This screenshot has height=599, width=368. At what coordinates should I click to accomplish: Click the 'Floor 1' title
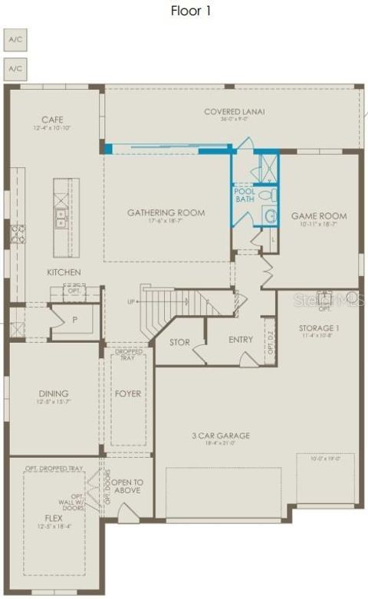point(190,11)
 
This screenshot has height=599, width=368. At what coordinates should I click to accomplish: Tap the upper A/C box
point(15,39)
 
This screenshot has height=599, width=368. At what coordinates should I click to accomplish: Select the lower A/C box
point(15,67)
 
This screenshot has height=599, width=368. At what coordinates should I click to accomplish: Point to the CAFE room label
point(52,120)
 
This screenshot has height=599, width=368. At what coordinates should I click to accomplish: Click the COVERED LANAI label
point(234,112)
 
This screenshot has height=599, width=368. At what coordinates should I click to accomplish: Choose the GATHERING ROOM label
point(166,212)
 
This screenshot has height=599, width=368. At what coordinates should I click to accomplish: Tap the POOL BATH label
point(245,196)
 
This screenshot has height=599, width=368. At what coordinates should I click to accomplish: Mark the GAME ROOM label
point(318,216)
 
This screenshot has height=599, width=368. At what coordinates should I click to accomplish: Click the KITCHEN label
point(64,272)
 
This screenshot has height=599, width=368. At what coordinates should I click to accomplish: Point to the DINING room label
point(54,393)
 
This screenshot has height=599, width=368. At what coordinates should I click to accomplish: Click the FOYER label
point(128,393)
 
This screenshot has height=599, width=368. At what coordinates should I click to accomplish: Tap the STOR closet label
point(179,342)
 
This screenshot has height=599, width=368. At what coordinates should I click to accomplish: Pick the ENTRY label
point(241,340)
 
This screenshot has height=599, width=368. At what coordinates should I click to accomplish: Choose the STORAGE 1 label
point(319,328)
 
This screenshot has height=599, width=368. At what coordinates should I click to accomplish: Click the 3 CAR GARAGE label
point(221,436)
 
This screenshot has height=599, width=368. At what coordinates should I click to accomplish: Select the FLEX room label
point(53,518)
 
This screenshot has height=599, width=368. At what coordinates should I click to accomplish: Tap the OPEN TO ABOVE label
point(127,486)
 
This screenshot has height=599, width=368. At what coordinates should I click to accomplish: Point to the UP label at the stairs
point(131,301)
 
